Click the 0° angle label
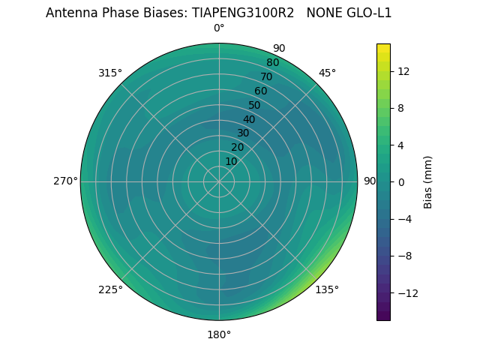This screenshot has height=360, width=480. (x=219, y=28)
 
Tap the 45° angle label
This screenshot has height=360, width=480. (x=327, y=73)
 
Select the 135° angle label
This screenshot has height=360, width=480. (x=327, y=289)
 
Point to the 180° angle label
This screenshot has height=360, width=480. (x=219, y=334)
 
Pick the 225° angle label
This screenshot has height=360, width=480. (x=110, y=289)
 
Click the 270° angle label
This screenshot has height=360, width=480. (x=66, y=181)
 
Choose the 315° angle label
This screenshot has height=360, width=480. (x=110, y=73)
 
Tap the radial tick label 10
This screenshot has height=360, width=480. (x=231, y=161)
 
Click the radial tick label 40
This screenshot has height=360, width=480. (x=249, y=120)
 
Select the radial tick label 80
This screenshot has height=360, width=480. (x=272, y=63)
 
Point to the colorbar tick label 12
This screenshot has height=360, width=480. (x=403, y=71)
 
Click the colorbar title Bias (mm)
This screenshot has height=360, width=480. (x=428, y=181)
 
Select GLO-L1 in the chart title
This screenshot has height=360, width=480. (x=367, y=13)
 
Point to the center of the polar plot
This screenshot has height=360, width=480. (x=219, y=181)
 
